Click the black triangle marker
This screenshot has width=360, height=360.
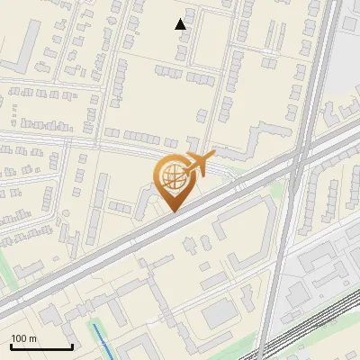[x=181, y=24]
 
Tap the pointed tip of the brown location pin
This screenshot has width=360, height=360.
[x=172, y=211]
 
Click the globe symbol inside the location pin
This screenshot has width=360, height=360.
[x=171, y=176]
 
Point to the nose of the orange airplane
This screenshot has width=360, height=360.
[x=213, y=156]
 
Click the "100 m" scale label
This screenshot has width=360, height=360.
[x=23, y=338]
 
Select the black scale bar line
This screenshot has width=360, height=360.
[x=41, y=347]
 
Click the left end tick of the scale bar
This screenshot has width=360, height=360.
[x=11, y=346]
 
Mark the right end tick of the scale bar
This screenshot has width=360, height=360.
[x=72, y=346]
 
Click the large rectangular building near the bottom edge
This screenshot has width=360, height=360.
[x=219, y=314]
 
